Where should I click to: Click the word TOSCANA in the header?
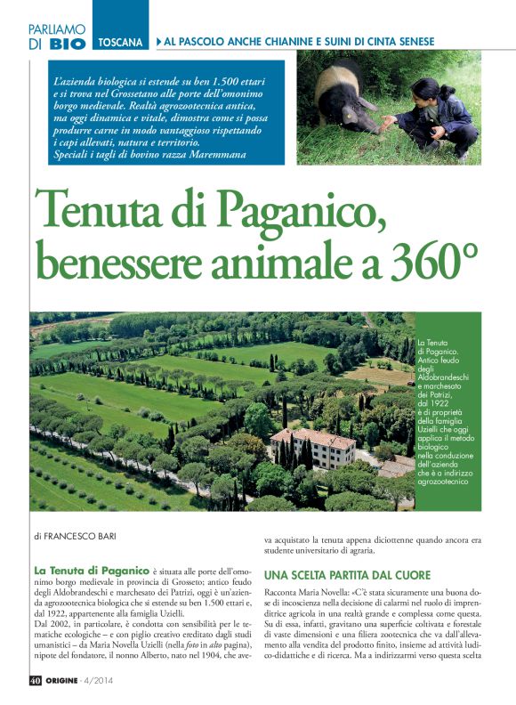click(x=122, y=42)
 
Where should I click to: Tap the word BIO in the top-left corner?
click(x=68, y=43)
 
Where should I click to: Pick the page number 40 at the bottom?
click(x=35, y=682)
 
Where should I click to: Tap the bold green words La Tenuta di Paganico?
click(x=91, y=570)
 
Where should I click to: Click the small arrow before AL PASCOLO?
click(x=158, y=42)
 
